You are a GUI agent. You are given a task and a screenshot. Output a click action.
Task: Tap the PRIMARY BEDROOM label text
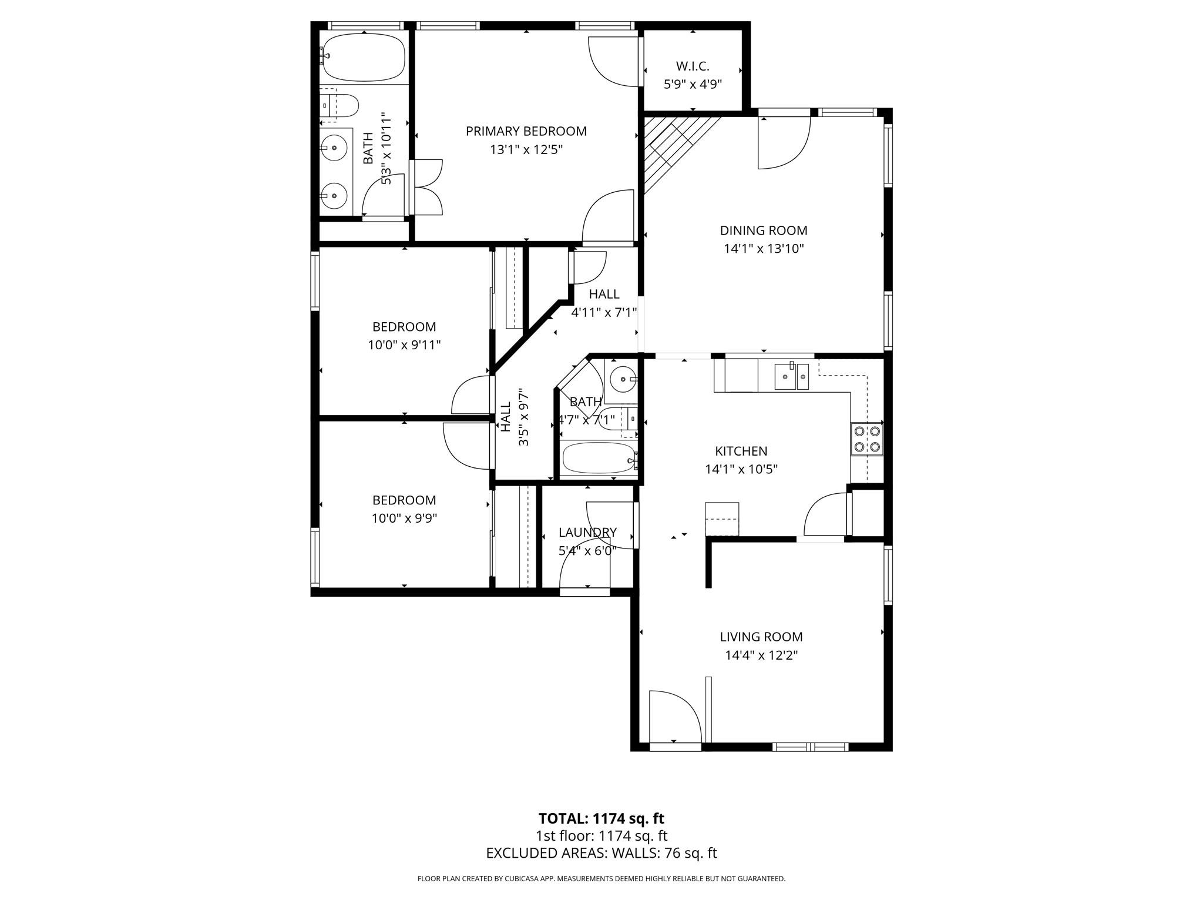(526, 131)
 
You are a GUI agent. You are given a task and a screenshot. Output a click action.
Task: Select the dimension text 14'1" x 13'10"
(763, 249)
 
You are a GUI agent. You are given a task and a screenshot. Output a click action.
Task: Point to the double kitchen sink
(791, 376)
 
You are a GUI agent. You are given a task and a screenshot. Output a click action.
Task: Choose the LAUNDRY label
(587, 533)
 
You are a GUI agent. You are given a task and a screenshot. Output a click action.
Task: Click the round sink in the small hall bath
(620, 379)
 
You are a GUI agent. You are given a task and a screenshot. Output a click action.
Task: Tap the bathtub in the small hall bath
(597, 459)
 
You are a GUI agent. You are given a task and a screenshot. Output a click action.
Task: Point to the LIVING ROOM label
(761, 637)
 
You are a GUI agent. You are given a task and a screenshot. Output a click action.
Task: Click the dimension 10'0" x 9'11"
(404, 345)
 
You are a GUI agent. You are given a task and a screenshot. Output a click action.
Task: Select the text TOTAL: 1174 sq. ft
(601, 818)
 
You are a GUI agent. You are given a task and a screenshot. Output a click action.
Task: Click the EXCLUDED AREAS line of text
(601, 853)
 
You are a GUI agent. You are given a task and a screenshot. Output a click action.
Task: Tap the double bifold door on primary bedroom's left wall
(426, 187)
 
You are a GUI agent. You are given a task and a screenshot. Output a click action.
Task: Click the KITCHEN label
(741, 451)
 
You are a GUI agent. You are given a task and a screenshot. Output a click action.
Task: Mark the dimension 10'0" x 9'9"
(404, 519)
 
